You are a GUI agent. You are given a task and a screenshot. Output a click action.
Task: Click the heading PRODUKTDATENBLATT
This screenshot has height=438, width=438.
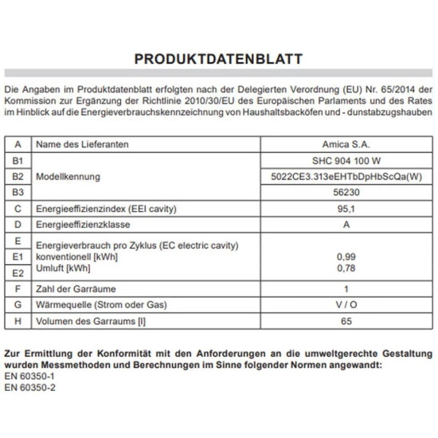click(218, 59)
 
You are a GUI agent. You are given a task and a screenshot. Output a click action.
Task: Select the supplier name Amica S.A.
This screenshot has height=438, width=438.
click(345, 145)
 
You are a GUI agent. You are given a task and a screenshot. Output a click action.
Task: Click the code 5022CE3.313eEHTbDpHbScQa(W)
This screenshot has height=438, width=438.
click(345, 176)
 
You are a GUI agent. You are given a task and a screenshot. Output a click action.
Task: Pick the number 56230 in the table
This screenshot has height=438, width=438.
click(345, 192)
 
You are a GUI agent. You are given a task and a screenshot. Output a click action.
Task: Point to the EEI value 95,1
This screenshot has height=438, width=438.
click(345, 209)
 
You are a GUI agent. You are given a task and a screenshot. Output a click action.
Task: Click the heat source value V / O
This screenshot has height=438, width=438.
click(345, 305)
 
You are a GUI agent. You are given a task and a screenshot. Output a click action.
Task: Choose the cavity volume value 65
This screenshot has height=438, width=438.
click(345, 322)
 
